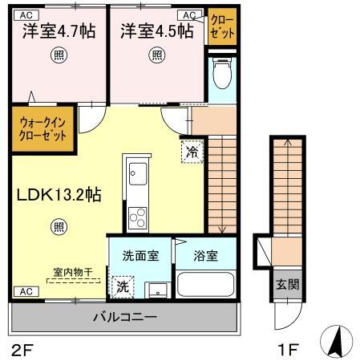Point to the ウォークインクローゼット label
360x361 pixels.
click(42, 129)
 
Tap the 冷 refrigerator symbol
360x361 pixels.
click(192, 150)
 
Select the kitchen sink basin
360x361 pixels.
click(136, 173)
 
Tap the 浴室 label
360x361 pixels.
click(205, 256)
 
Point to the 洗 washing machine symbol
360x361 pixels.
click(123, 285)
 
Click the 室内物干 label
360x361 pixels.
click(73, 272)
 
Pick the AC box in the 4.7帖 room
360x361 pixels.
click(27, 14)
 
